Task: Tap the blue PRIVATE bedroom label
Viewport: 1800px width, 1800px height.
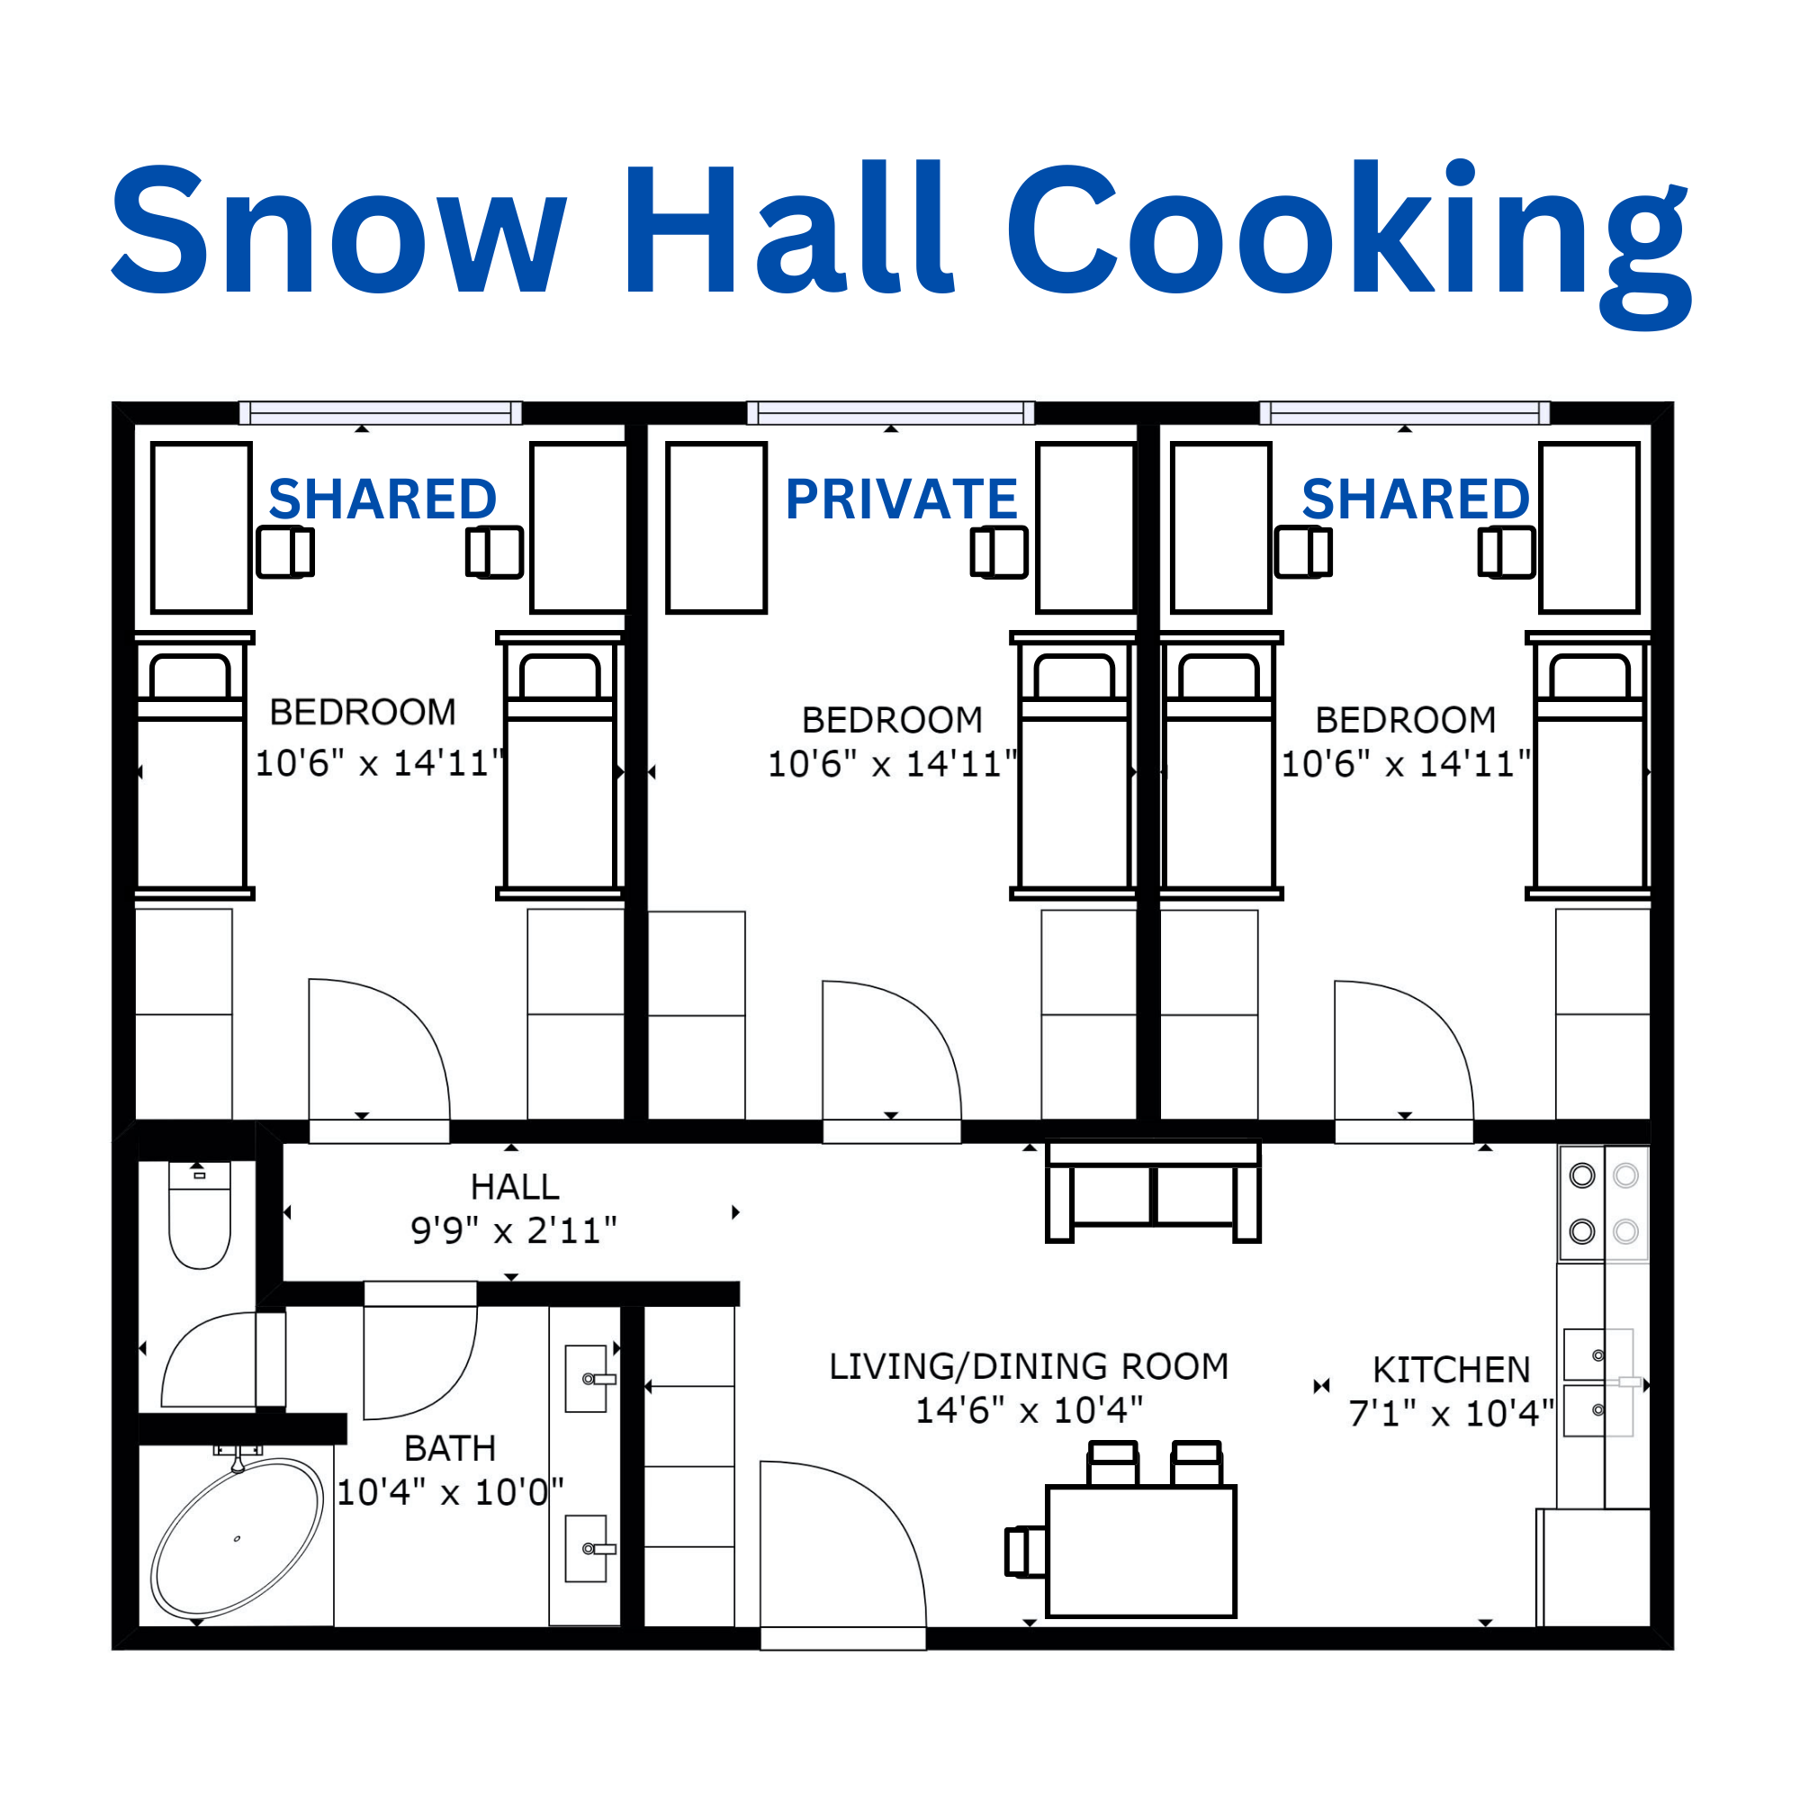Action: pyautogui.click(x=901, y=499)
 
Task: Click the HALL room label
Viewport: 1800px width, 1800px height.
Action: pyautogui.click(x=515, y=1186)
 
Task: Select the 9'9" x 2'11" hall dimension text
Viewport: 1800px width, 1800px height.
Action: pyautogui.click(x=513, y=1230)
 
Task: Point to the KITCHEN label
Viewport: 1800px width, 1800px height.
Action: pyautogui.click(x=1452, y=1370)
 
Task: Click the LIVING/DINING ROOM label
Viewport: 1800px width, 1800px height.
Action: pyautogui.click(x=1029, y=1366)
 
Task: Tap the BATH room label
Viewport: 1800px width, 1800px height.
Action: pyautogui.click(x=450, y=1448)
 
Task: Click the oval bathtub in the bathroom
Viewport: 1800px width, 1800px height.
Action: pyautogui.click(x=237, y=1538)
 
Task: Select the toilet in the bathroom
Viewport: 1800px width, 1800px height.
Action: pyautogui.click(x=200, y=1215)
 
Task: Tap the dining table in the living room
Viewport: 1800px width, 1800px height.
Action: pyautogui.click(x=1140, y=1552)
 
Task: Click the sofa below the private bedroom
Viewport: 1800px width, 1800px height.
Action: pyautogui.click(x=1154, y=1192)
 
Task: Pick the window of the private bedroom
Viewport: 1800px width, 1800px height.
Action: pyautogui.click(x=891, y=412)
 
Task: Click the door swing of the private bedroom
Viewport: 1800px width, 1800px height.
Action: pyautogui.click(x=892, y=1050)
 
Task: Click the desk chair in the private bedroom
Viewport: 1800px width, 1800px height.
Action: pyautogui.click(x=999, y=553)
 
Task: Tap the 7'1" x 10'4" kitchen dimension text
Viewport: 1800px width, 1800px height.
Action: pyautogui.click(x=1451, y=1413)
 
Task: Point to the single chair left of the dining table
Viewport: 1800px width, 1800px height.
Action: pyautogui.click(x=1026, y=1552)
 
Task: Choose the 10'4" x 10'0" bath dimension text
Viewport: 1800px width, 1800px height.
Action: pyautogui.click(x=450, y=1492)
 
